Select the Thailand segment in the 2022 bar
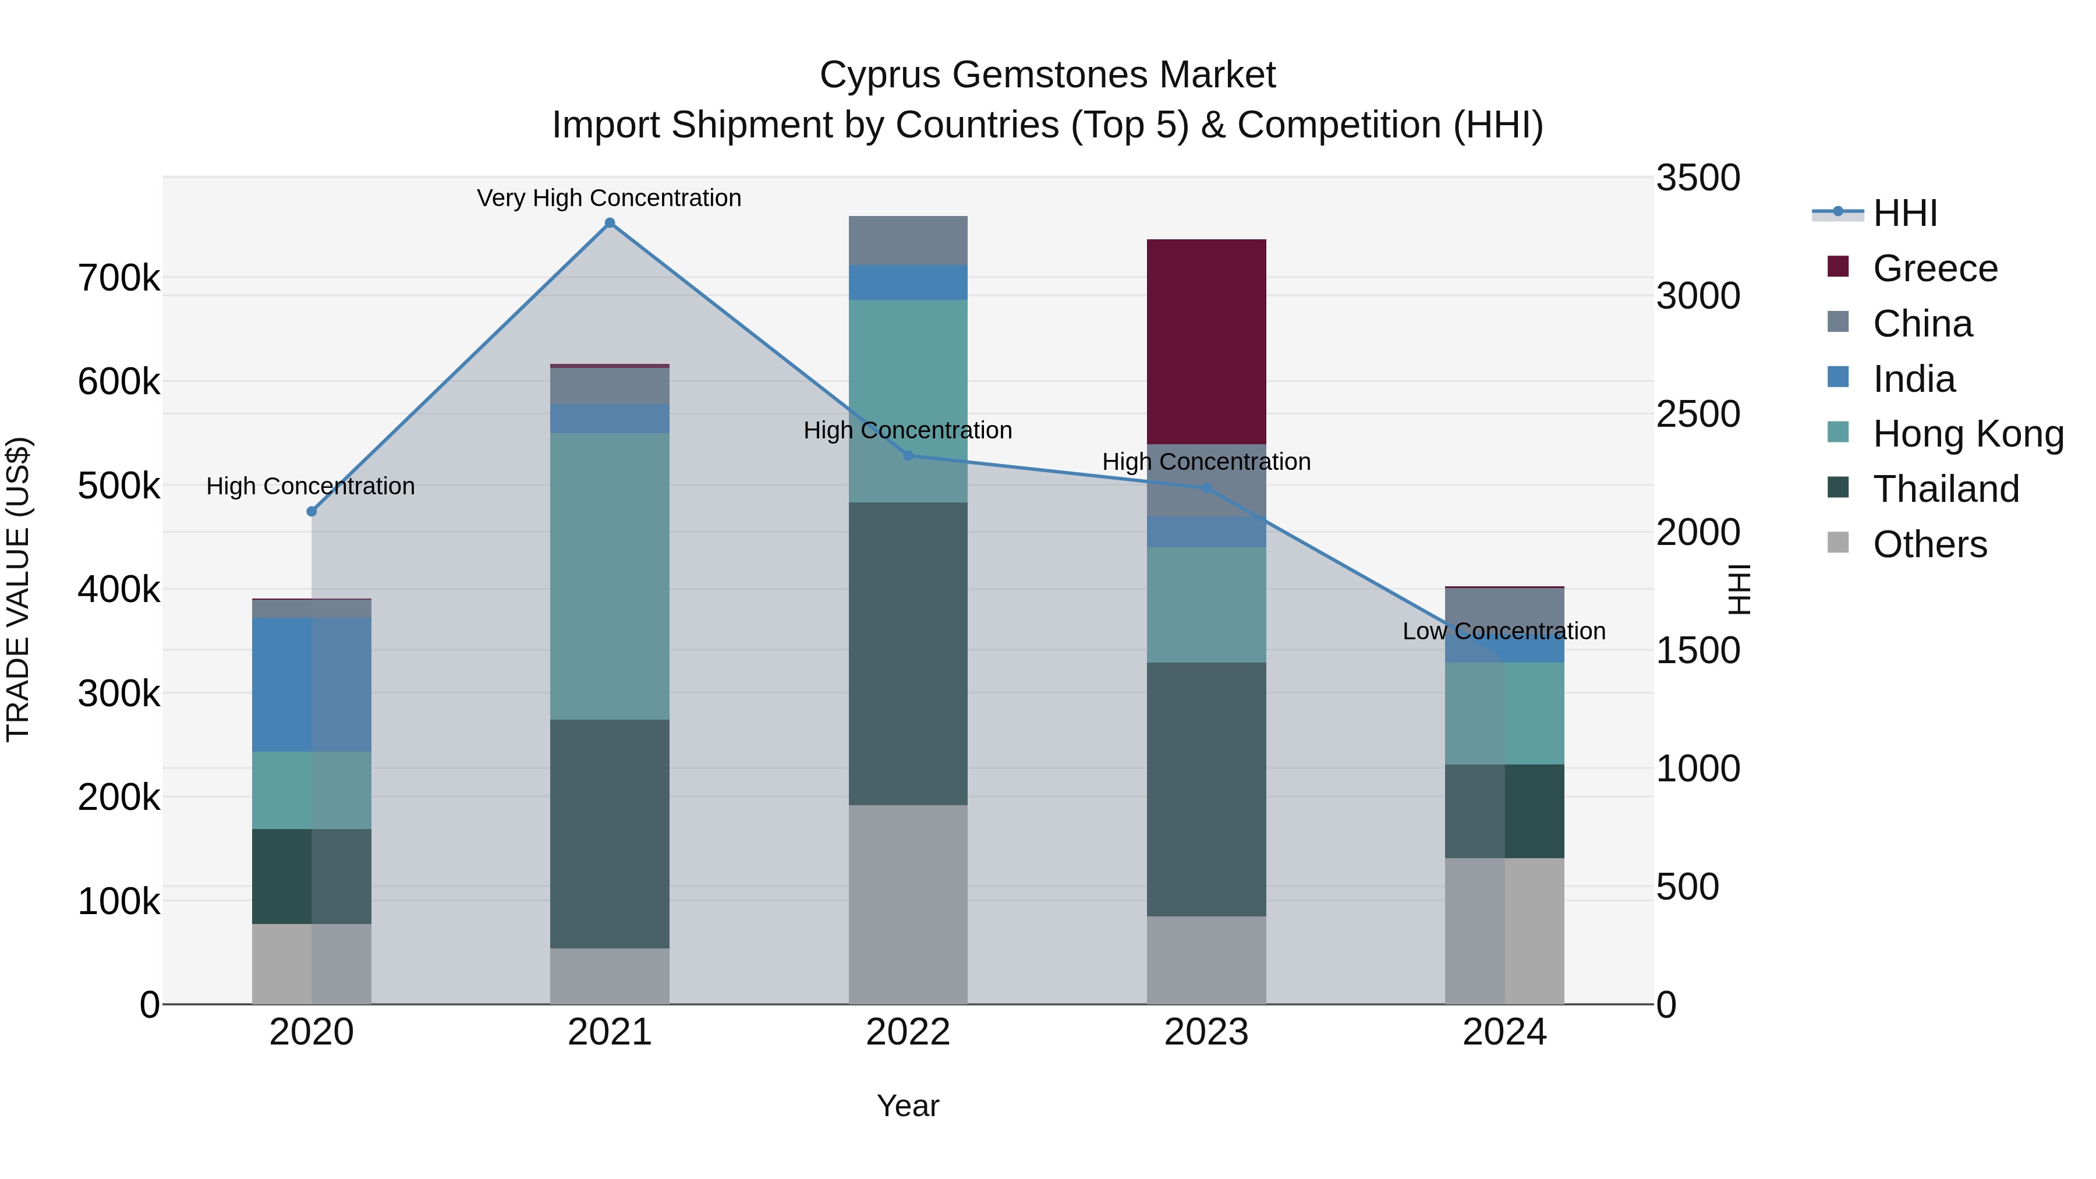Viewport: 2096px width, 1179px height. [908, 653]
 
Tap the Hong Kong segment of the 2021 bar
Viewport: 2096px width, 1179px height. [610, 576]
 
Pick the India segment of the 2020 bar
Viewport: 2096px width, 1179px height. [311, 684]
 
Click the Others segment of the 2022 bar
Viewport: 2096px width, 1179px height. [908, 904]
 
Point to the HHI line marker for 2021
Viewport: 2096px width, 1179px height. [610, 223]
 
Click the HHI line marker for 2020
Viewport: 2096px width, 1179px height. [311, 511]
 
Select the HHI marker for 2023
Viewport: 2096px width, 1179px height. [1207, 488]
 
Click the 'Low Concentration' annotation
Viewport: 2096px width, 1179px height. [1504, 631]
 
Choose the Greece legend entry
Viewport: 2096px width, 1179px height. [1934, 268]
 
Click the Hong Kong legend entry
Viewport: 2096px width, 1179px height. [1967, 434]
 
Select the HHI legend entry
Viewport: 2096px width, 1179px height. [1904, 213]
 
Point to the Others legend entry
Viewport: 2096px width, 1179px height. [1929, 544]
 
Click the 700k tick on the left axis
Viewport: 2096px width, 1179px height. [119, 278]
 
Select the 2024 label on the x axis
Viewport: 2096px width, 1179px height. [1504, 1032]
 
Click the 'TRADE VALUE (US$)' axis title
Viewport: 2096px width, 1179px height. [18, 589]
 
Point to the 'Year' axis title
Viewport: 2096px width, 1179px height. [908, 1106]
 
